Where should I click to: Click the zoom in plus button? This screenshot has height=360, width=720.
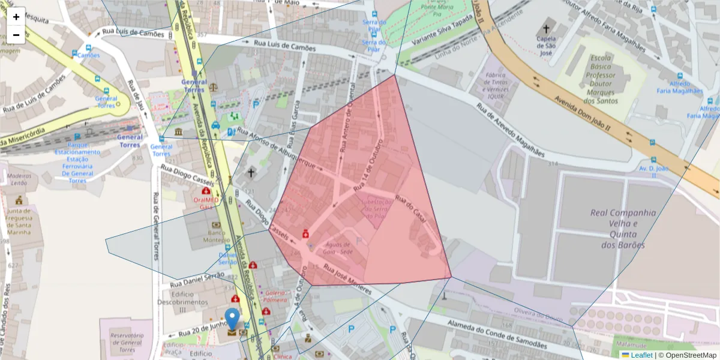point(16,17)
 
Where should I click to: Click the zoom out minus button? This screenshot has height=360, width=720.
point(16,35)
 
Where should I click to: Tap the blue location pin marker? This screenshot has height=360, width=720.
point(232,319)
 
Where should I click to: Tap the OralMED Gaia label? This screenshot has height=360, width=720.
point(206,203)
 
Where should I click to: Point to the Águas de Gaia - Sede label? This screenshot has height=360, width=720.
point(338,248)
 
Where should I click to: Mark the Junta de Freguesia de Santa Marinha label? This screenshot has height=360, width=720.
point(20,222)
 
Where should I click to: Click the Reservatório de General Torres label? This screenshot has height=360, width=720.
point(127,343)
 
